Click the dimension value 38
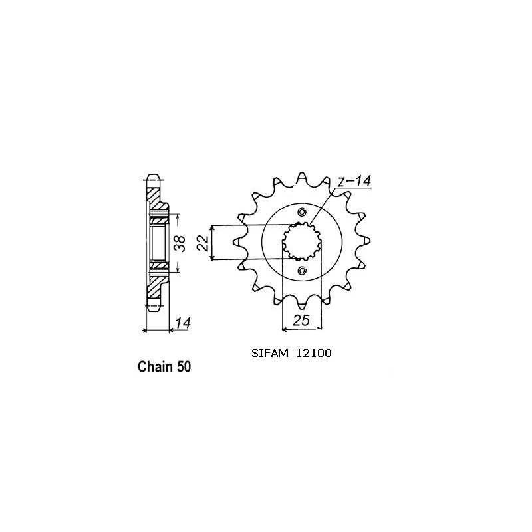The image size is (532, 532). pos(178,242)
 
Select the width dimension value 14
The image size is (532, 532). pos(183,324)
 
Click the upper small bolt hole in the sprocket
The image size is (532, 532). pos(302,213)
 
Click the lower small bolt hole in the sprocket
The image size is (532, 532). pos(302,270)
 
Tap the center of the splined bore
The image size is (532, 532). pos(302,241)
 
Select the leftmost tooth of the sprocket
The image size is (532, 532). pos(237,242)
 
